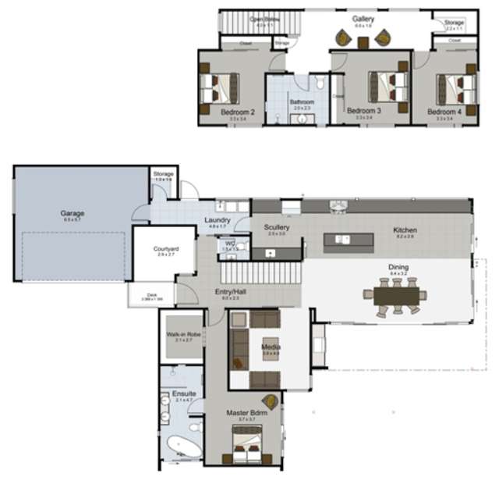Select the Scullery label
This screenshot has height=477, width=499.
pyautogui.click(x=277, y=227)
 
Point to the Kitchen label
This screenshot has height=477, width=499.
pyautogui.click(x=405, y=230)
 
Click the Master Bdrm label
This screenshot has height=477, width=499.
pyautogui.click(x=242, y=412)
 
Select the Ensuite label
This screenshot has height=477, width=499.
pyautogui.click(x=184, y=393)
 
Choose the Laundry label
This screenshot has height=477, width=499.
pyautogui.click(x=218, y=220)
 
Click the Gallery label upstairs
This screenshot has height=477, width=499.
pyautogui.click(x=363, y=18)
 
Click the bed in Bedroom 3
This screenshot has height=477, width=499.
pyautogui.click(x=388, y=84)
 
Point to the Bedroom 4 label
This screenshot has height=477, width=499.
pyautogui.click(x=444, y=112)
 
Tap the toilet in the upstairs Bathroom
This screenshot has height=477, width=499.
pyautogui.click(x=319, y=84)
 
